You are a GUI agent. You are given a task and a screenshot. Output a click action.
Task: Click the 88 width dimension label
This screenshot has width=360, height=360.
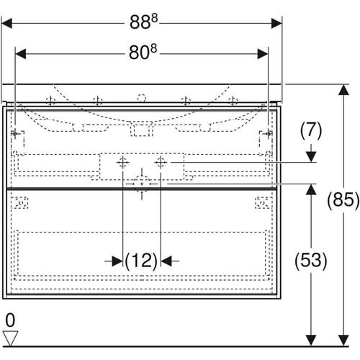pyautogui.click(x=143, y=22)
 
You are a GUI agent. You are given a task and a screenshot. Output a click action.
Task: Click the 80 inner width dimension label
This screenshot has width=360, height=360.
pyautogui.click(x=143, y=53)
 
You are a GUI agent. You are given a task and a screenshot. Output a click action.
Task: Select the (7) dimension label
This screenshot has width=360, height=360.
pyautogui.click(x=311, y=130)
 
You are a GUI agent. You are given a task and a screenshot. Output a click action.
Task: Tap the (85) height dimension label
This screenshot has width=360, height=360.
pyautogui.click(x=343, y=200)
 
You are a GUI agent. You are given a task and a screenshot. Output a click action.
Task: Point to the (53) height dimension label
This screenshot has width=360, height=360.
pyautogui.click(x=311, y=261)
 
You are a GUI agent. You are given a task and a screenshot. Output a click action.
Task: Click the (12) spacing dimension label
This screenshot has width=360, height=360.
pyautogui.click(x=141, y=261)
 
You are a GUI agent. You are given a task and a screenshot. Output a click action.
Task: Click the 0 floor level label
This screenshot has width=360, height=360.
pyautogui.click(x=10, y=320)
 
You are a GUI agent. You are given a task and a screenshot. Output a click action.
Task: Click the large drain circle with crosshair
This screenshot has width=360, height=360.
pyautogui.click(x=142, y=184)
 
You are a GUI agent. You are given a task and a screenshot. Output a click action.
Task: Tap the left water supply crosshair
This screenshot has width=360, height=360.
pyautogui.click(x=122, y=163)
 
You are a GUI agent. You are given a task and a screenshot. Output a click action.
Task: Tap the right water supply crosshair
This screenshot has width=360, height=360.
pyautogui.click(x=161, y=163)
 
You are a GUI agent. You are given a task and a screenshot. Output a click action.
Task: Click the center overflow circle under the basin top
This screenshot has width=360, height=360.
pyautogui.click(x=142, y=98)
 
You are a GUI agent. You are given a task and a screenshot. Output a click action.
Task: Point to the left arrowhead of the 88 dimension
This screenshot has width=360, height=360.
pyautogui.click(x=6, y=24)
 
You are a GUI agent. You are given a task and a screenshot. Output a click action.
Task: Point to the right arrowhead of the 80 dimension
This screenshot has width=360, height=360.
pyautogui.click(x=263, y=54)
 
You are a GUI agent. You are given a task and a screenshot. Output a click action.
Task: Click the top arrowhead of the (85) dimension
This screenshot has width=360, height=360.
pyautogui.click(x=343, y=90)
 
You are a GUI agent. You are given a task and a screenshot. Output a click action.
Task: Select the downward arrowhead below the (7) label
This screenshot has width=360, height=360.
pyautogui.click(x=311, y=156)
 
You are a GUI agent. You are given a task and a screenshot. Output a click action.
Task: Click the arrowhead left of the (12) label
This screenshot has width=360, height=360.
pyautogui.click(x=117, y=261)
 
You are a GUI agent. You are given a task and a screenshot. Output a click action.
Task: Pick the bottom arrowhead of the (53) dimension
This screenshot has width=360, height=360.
pyautogui.click(x=311, y=341)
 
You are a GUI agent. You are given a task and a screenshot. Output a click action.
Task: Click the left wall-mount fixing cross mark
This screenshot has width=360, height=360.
pyautogui.click(x=15, y=133)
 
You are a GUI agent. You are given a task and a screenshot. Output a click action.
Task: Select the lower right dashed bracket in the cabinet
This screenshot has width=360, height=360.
pyautogui.click(x=264, y=203)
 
